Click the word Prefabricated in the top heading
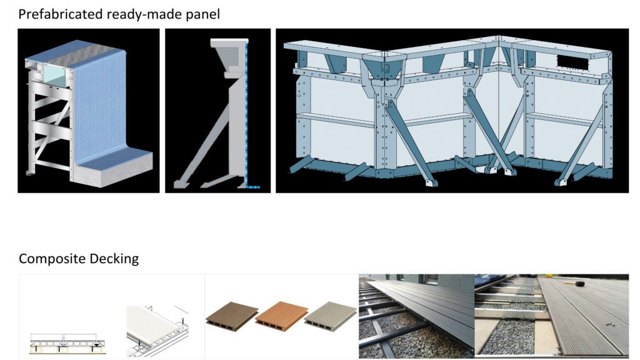61,14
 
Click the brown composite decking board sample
231,314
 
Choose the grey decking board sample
330,314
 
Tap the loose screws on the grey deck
611,324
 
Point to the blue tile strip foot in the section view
253,186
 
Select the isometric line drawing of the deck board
157,331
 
